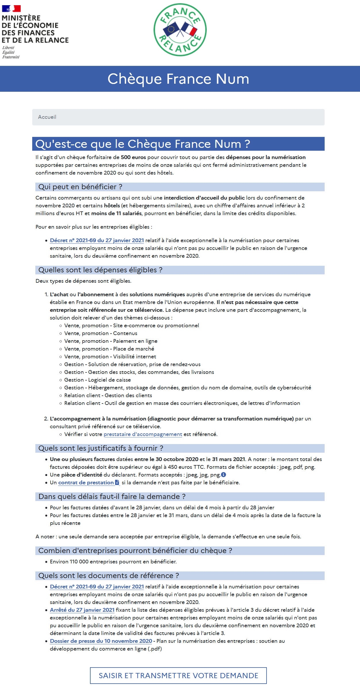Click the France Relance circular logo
pos(180,30)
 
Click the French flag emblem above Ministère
pos(11,9)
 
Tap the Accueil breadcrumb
pos(47,117)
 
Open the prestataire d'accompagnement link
pos(143,434)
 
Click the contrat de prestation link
pos(86,483)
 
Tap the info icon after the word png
pos(223,475)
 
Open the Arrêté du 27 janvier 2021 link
pos(82,610)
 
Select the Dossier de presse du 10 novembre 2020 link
pos(101,641)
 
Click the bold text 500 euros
pos(133,157)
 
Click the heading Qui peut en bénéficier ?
pos(80,187)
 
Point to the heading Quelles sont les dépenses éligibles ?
pos(100,270)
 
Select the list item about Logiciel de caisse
pos(97,380)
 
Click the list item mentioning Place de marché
pos(109,349)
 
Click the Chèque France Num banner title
pos(178,79)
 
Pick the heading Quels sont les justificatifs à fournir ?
pos(101,448)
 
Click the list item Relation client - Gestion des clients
pos(108,395)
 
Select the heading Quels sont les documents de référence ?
pos(108,576)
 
